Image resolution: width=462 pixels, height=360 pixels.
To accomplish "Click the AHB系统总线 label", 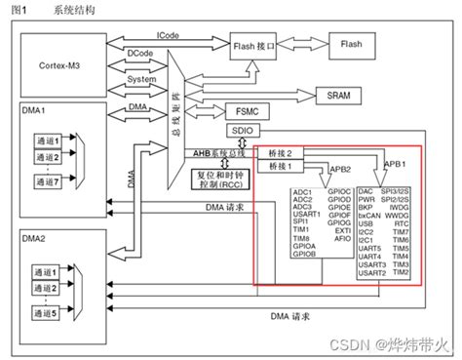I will pos(218,152).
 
